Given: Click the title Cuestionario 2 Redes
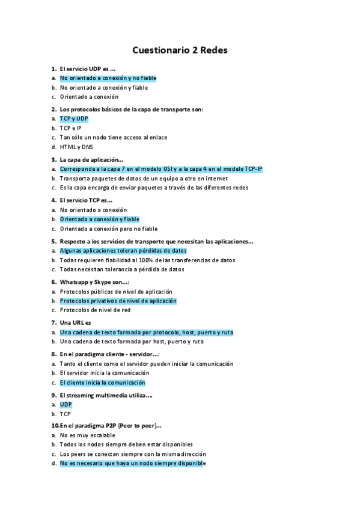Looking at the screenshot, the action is pyautogui.click(x=180, y=51).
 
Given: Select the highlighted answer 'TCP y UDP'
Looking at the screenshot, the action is pyautogui.click(x=74, y=118).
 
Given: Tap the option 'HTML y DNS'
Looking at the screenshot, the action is pyautogui.click(x=76, y=147).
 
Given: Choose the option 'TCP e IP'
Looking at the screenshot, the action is pyautogui.click(x=70, y=128).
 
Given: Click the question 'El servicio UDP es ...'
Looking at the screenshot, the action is pyautogui.click(x=88, y=69).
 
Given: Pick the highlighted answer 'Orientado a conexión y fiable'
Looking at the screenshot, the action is pyautogui.click(x=99, y=220).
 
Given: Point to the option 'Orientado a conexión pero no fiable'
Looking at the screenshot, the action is pyautogui.click(x=108, y=229).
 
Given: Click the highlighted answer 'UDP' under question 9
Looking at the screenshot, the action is pyautogui.click(x=66, y=405).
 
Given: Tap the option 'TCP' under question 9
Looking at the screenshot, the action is pyautogui.click(x=66, y=414).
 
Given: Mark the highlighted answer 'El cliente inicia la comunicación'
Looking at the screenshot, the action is pyautogui.click(x=102, y=382).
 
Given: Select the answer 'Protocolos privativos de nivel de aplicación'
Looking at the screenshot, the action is pyautogui.click(x=118, y=301).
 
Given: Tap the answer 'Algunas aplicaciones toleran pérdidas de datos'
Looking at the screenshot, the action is pyautogui.click(x=123, y=251).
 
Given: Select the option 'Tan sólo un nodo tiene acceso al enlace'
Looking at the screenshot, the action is pyautogui.click(x=113, y=137).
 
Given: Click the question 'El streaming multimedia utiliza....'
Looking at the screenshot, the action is pyautogui.click(x=106, y=395).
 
